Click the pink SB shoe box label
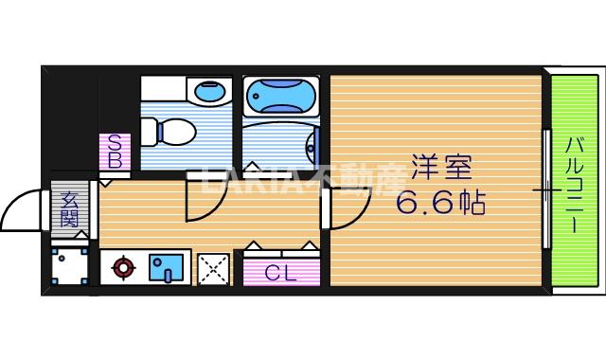click(x=114, y=153)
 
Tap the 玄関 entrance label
click(x=69, y=208)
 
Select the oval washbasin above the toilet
click(x=209, y=93)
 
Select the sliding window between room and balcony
click(x=546, y=189)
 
